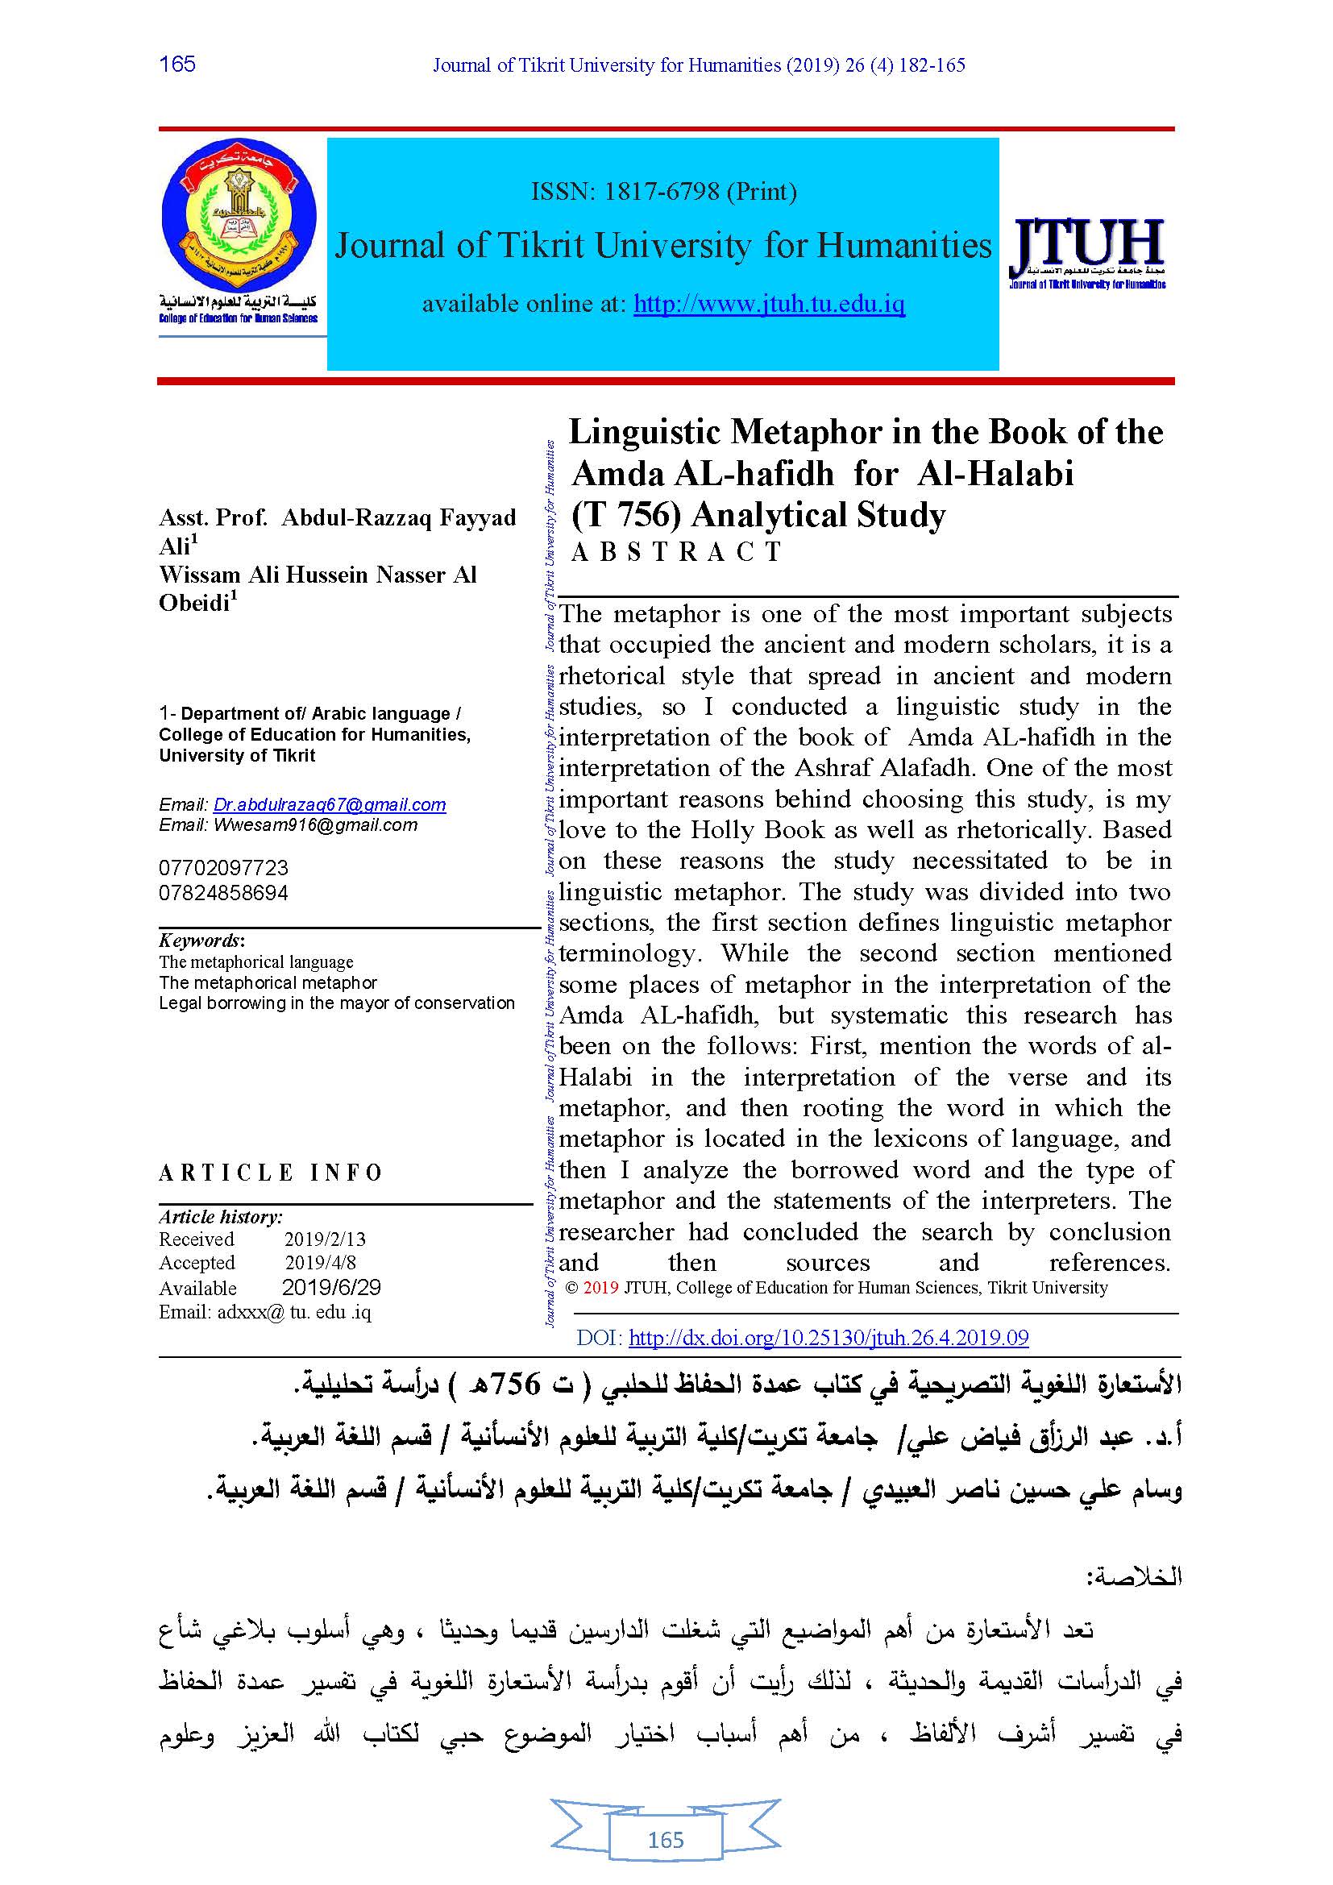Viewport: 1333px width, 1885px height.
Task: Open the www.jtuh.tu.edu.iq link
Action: tap(769, 305)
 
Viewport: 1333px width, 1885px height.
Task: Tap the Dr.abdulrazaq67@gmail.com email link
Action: tap(329, 804)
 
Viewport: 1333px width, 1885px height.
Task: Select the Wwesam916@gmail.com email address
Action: tap(315, 825)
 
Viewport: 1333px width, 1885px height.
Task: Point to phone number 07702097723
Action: tap(223, 868)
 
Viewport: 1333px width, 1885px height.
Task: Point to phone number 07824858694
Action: tap(223, 892)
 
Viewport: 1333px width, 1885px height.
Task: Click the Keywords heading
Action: tap(201, 940)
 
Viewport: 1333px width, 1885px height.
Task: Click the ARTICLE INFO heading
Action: tap(271, 1173)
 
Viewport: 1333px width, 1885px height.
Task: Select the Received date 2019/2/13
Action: tap(325, 1239)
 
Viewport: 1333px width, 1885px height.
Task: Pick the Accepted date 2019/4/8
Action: tap(320, 1263)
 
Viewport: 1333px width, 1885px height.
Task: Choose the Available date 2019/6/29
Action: tap(330, 1287)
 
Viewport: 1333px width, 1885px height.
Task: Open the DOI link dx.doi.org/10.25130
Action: tap(828, 1339)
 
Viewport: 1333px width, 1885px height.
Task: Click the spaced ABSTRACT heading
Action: tap(676, 552)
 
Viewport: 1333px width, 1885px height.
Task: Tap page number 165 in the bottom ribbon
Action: tap(666, 1840)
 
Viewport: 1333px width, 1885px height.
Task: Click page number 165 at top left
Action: tap(177, 64)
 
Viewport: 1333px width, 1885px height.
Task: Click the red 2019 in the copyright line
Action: tap(601, 1287)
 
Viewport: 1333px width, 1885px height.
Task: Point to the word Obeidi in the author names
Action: tap(194, 603)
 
